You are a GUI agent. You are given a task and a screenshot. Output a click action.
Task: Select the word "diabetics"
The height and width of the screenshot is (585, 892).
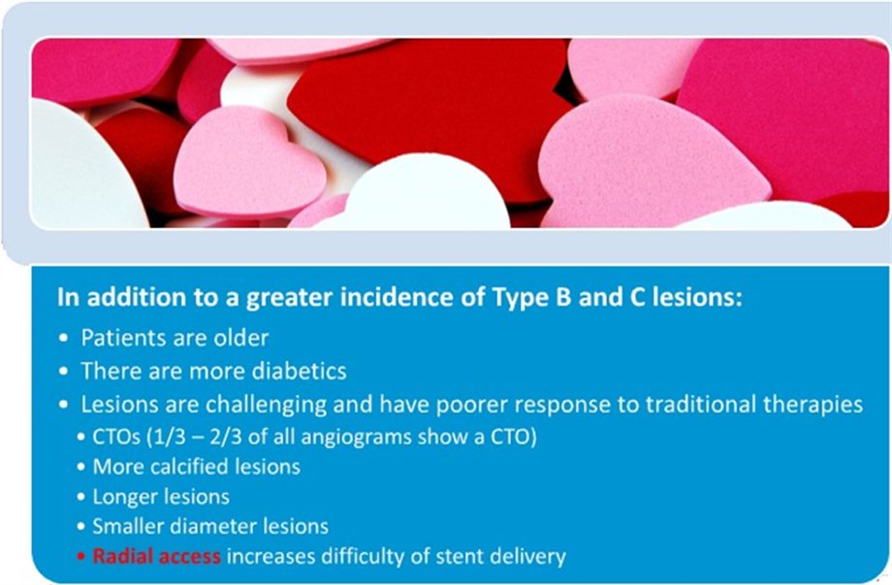[x=300, y=371]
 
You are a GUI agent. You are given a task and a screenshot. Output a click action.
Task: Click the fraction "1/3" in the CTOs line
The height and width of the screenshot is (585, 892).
[x=170, y=437]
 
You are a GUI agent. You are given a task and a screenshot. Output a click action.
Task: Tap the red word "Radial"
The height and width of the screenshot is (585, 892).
[x=122, y=556]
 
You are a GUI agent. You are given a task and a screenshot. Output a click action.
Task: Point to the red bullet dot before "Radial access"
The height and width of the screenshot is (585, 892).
[x=81, y=556]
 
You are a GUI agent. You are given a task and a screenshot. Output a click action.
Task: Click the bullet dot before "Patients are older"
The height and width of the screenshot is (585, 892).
[x=63, y=338]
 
